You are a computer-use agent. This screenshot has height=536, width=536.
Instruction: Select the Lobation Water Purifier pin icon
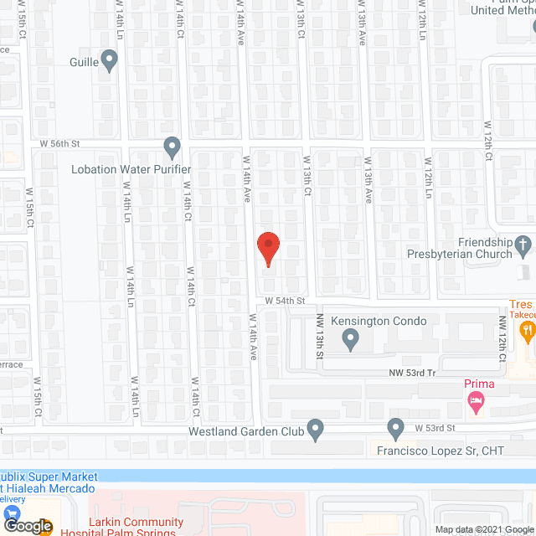(x=172, y=148)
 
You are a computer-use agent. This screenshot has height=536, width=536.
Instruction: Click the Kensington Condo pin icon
(x=351, y=339)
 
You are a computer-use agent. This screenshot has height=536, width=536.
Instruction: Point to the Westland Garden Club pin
(x=316, y=429)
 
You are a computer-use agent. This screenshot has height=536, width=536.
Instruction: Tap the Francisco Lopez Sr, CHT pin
(x=396, y=430)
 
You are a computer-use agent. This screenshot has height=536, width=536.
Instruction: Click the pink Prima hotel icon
(x=477, y=404)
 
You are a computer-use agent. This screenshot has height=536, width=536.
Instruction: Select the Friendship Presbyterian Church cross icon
(x=523, y=246)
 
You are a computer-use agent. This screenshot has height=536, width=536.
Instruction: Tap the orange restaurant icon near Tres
(x=527, y=331)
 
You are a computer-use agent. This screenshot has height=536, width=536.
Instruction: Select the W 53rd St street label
(x=435, y=428)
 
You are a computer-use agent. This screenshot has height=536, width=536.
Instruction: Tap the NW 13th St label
(x=319, y=337)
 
